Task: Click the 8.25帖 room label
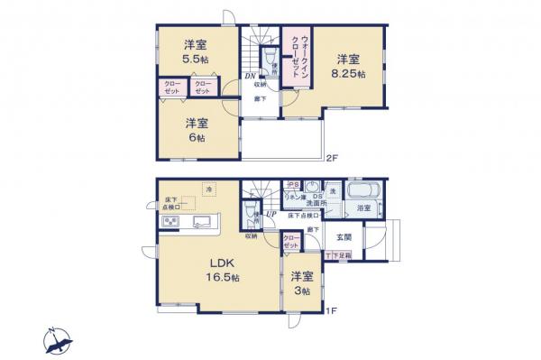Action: click(352, 67)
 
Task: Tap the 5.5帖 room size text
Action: click(193, 51)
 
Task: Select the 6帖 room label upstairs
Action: click(194, 130)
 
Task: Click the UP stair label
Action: click(270, 213)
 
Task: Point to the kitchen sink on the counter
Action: click(201, 222)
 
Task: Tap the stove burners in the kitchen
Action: click(170, 222)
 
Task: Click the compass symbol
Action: click(59, 341)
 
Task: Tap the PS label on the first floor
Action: click(293, 184)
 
